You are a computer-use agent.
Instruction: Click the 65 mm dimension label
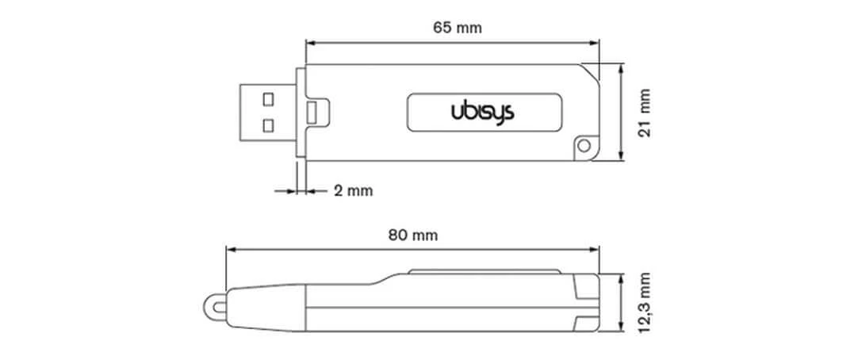pos(458,28)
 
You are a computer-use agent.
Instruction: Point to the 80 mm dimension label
pos(412,235)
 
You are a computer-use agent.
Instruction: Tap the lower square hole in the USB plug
pos(267,124)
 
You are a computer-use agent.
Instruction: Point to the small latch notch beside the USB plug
pos(316,112)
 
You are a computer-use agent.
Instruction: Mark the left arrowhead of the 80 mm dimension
pos(231,249)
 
